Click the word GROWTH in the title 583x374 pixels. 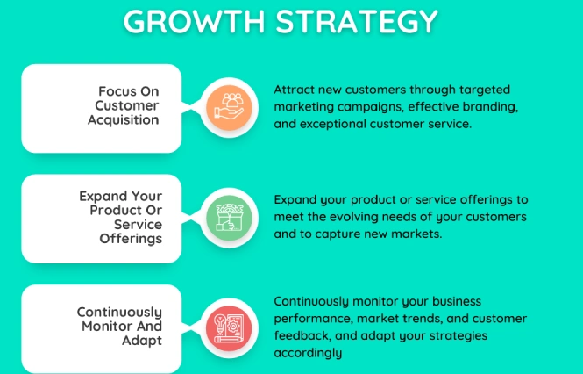[x=194, y=21]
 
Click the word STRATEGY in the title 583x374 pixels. [x=357, y=21]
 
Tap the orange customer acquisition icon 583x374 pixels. [x=229, y=108]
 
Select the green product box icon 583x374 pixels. [x=229, y=218]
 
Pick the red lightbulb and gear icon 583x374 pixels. [x=229, y=328]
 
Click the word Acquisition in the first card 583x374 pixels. [x=124, y=120]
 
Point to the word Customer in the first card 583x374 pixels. [x=127, y=105]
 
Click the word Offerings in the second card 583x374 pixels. [x=131, y=239]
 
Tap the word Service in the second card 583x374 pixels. [x=138, y=225]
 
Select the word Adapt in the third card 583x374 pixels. [x=142, y=341]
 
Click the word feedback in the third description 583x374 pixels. [x=302, y=335]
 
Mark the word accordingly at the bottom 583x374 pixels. [x=308, y=353]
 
